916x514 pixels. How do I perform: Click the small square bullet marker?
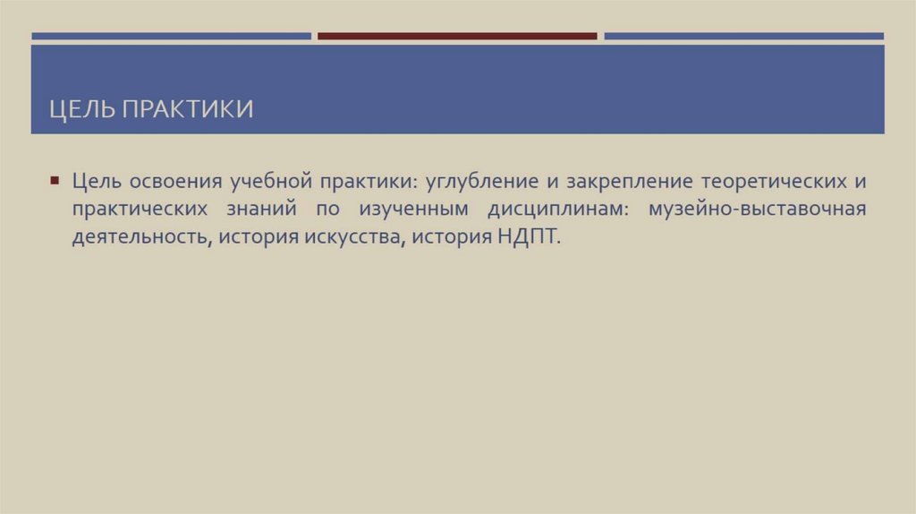tap(55, 180)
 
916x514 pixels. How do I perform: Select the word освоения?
tap(175, 181)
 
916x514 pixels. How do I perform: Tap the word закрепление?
tap(624, 181)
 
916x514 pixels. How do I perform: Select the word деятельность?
tap(138, 240)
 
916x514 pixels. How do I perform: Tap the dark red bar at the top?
tap(457, 37)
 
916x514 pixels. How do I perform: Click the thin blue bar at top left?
tap(171, 37)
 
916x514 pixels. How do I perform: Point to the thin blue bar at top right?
tap(743, 37)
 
